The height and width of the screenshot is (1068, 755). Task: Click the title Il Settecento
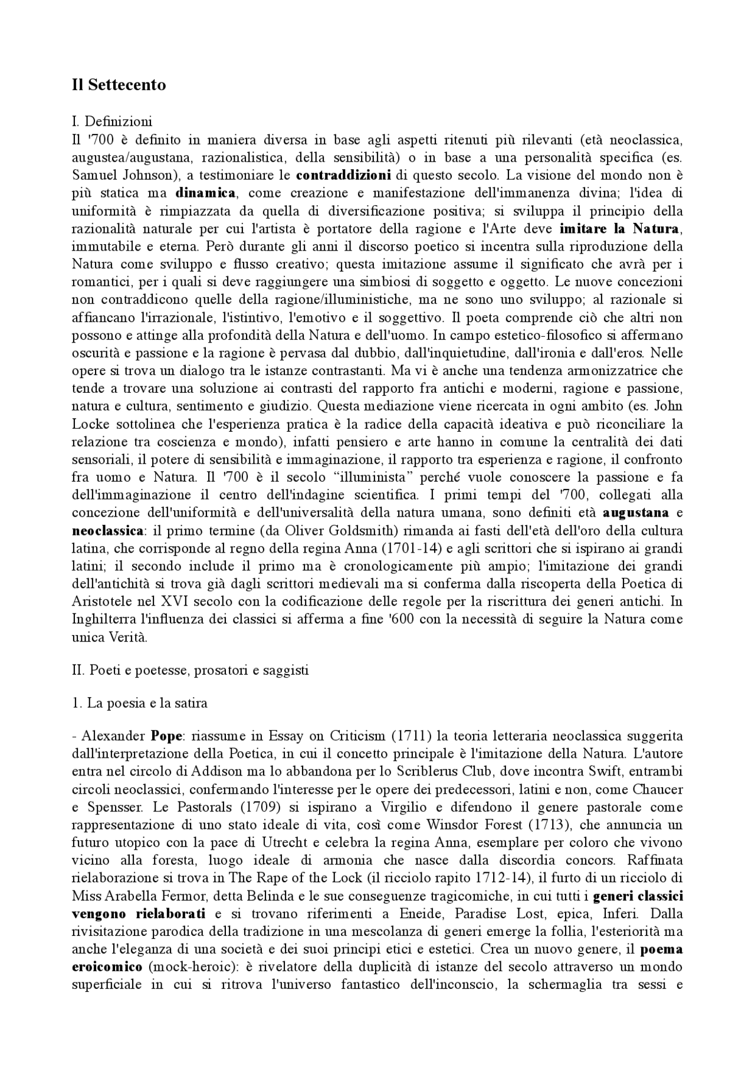(x=119, y=85)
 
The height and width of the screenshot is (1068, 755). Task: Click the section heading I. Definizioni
(x=111, y=121)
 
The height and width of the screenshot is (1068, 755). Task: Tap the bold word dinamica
(x=206, y=193)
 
